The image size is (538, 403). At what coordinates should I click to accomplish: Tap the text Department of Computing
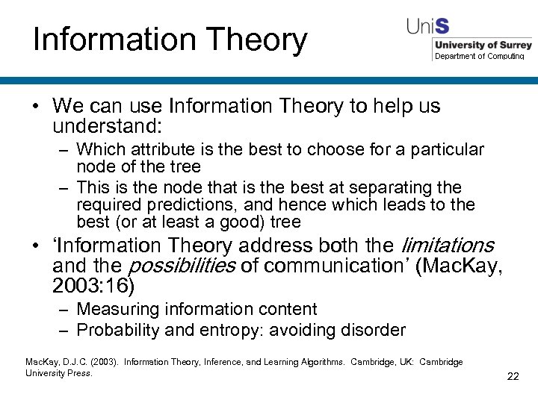[479, 56]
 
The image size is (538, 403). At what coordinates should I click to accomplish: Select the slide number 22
[513, 376]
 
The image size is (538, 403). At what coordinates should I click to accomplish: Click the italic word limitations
[448, 246]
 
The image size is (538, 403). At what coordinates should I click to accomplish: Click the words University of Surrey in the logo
[483, 45]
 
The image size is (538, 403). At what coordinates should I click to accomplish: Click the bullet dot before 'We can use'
[36, 107]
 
